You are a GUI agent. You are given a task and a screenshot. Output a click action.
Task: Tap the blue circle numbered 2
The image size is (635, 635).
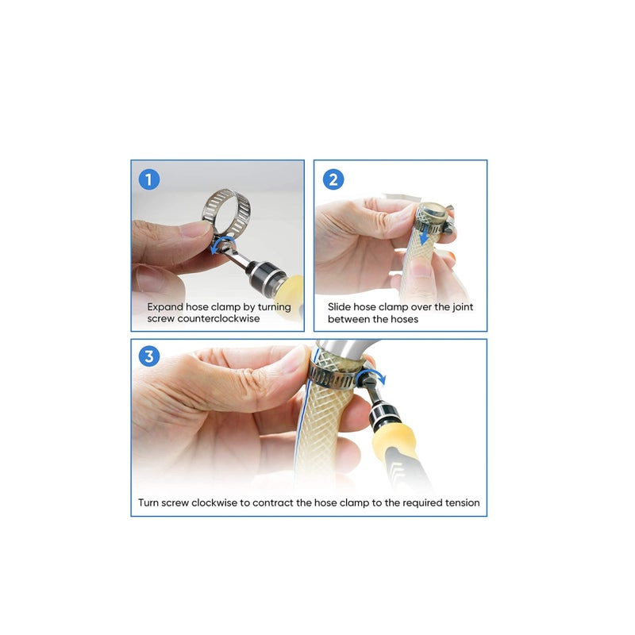click(x=333, y=179)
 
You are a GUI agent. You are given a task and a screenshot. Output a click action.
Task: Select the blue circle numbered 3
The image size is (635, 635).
click(x=148, y=357)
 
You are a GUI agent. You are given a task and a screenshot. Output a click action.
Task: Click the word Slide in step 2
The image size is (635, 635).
click(x=341, y=306)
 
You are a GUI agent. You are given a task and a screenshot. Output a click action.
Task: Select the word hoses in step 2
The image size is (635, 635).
click(x=402, y=318)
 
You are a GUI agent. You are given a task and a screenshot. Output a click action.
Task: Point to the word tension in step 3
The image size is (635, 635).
click(x=460, y=502)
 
